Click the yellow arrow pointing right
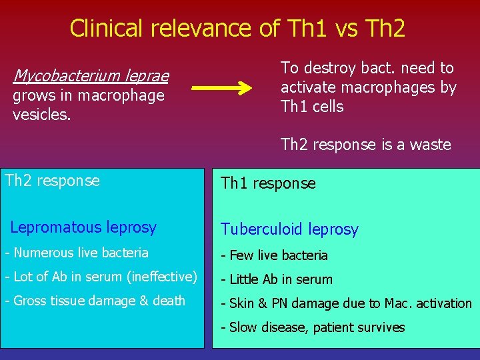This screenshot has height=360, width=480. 222,88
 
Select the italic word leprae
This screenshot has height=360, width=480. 147,76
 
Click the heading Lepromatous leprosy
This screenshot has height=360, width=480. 83,227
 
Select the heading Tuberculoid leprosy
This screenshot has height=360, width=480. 289,230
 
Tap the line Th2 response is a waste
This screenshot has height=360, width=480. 365,145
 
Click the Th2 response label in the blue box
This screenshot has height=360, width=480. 52,180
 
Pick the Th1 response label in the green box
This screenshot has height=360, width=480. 268,183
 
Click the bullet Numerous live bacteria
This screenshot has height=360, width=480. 77,253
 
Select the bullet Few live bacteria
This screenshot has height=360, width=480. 275,255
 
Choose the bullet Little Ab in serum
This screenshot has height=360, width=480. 277,279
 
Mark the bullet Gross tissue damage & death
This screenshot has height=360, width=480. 95,301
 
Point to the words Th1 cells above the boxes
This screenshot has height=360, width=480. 312,107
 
